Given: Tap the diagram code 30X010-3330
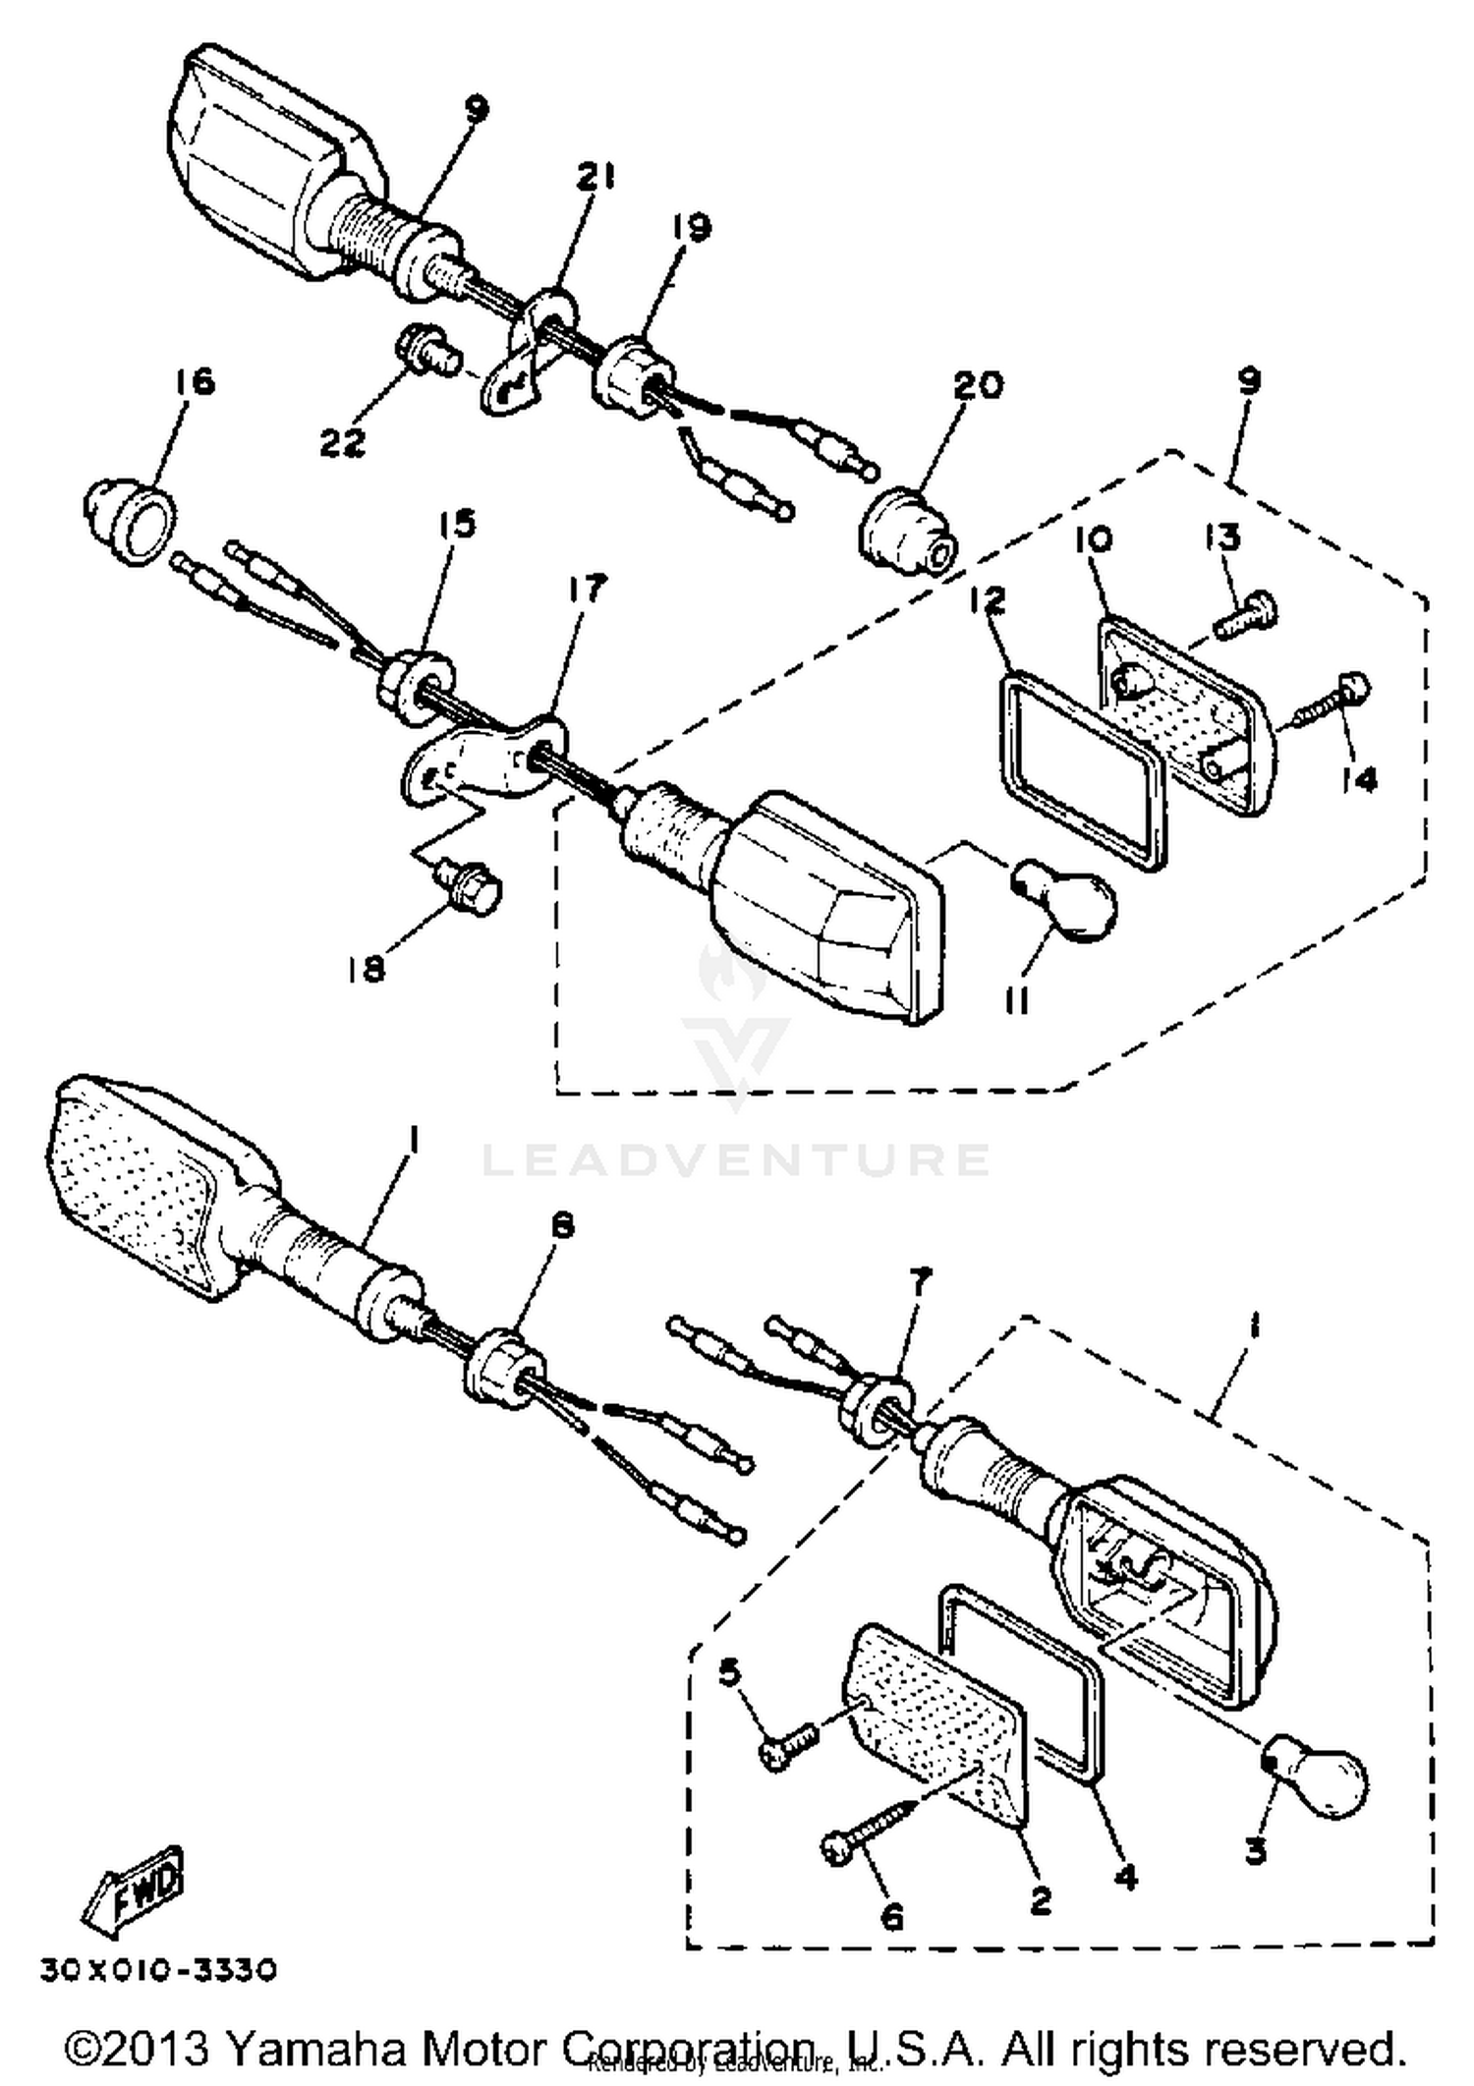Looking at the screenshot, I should pos(158,1970).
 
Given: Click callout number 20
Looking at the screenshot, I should pos(978,384).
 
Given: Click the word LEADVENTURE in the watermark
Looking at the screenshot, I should pos(736,1159).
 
